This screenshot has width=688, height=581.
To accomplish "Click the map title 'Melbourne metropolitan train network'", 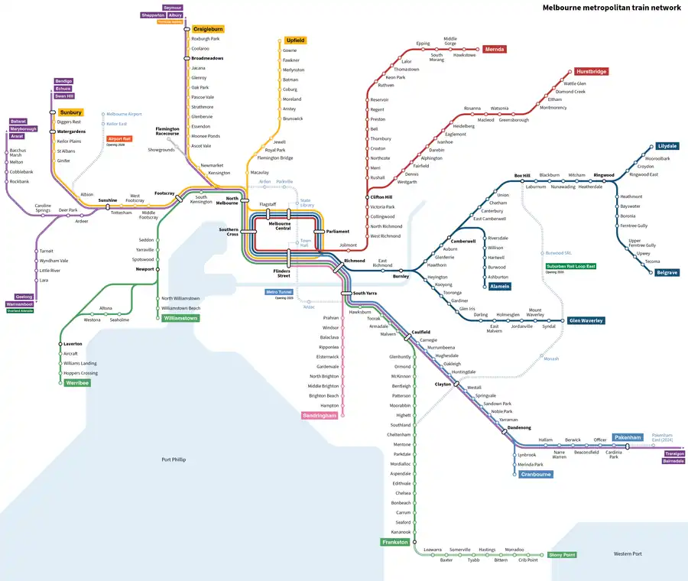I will [611, 8].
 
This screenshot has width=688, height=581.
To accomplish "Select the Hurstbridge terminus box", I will [591, 71].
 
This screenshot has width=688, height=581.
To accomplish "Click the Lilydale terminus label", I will [667, 146].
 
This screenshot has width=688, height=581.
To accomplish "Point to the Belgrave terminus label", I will [667, 272].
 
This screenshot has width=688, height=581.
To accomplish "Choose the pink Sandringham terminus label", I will [320, 415].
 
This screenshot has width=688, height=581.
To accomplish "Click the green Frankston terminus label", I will [396, 542].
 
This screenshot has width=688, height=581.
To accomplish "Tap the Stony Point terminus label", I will [561, 555].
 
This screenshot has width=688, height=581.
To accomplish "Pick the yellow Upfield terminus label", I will [295, 40].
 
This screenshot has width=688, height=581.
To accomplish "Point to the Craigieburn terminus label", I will [207, 28].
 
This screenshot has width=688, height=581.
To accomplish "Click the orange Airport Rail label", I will [119, 139].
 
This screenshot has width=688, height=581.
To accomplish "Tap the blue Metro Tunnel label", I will [278, 292].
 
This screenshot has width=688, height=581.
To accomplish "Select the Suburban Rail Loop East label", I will [570, 266].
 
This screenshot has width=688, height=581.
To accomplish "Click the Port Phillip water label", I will [174, 459].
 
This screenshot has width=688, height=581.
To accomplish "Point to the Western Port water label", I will [627, 553].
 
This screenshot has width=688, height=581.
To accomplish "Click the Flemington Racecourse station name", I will [167, 131].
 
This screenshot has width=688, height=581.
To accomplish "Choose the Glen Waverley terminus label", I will [586, 320].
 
